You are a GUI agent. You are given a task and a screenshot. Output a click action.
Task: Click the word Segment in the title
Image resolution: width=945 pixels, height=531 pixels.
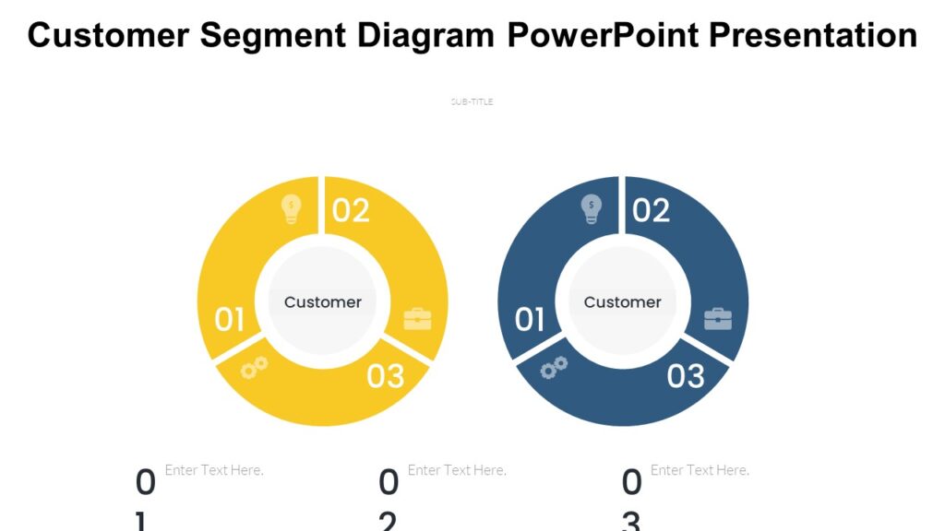[274, 36]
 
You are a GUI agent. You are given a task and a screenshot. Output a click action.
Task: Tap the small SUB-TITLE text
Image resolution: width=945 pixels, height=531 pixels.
[472, 102]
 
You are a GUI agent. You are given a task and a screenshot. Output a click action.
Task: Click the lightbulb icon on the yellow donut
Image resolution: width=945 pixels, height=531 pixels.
[292, 209]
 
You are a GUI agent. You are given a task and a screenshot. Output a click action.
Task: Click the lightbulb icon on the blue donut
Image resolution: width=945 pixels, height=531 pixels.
[591, 209]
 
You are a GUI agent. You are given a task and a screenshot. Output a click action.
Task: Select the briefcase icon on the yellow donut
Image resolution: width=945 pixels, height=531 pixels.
[417, 319]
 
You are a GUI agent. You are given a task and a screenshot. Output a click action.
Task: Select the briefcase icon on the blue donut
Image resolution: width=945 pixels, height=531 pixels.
[717, 319]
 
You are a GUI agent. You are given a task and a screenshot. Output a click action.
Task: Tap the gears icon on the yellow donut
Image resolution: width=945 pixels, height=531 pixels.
[254, 368]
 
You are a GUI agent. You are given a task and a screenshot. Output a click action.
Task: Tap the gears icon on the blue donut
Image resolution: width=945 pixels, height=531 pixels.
[554, 368]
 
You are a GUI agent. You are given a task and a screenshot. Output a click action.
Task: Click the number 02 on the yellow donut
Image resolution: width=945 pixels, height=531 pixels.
[351, 211]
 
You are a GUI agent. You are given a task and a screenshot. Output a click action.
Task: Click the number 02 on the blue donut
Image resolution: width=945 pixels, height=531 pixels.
[651, 211]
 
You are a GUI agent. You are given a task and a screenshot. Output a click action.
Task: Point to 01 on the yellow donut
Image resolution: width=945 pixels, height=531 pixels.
[230, 320]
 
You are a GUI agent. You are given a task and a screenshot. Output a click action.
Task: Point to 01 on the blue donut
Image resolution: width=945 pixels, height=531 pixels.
[530, 320]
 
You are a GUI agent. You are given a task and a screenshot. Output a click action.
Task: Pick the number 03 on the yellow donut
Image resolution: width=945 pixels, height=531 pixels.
[386, 376]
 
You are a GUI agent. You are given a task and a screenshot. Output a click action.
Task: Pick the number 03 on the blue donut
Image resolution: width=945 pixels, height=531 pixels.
[686, 376]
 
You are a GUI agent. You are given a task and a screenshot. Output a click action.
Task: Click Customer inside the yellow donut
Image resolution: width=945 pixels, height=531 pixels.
[323, 302]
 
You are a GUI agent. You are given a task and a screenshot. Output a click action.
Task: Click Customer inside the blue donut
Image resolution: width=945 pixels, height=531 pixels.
[623, 302]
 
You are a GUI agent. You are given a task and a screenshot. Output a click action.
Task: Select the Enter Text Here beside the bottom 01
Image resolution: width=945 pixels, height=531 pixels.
[214, 470]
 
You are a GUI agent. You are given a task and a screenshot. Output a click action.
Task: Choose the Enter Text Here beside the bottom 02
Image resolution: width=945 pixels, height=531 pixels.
[457, 470]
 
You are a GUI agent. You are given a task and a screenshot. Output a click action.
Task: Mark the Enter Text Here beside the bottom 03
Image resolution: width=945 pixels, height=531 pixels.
[700, 470]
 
